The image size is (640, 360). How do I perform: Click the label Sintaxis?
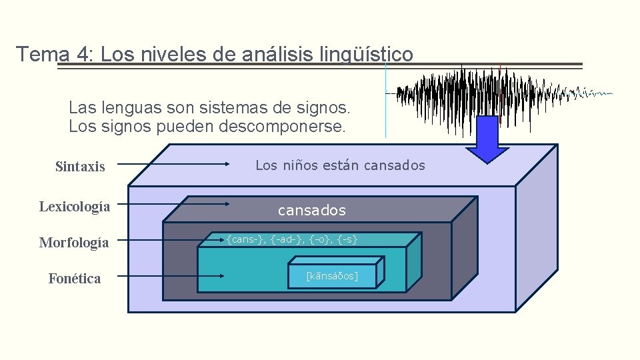(x=80, y=167)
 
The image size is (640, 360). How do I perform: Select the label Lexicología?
(x=75, y=207)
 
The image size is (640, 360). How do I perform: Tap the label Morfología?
(x=74, y=243)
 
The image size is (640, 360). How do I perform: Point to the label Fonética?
(x=75, y=279)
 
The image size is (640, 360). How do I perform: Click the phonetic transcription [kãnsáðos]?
(x=332, y=275)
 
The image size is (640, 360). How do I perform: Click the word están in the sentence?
(x=339, y=165)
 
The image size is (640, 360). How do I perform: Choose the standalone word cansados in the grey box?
(x=312, y=211)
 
